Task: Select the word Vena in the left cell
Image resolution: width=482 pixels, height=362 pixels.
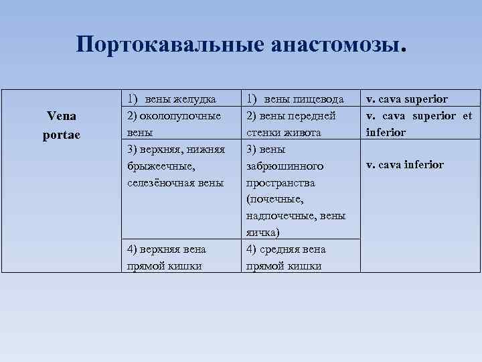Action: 61,116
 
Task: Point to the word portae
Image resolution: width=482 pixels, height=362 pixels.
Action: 61,133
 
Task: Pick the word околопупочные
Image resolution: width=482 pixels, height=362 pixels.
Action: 179,116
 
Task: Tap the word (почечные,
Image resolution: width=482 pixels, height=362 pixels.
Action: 274,199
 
